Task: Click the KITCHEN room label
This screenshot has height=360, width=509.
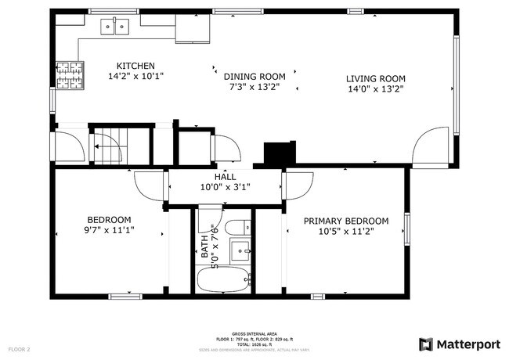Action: (x=135, y=66)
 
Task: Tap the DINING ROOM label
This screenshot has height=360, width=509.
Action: (x=254, y=77)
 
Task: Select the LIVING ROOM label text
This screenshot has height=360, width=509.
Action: (x=375, y=78)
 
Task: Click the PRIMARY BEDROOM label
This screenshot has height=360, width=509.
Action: (x=345, y=221)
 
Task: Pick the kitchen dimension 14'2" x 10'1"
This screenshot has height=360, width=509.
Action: (x=135, y=77)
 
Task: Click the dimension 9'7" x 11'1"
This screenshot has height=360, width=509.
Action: (x=109, y=231)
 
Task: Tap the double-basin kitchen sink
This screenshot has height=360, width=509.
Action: (x=115, y=28)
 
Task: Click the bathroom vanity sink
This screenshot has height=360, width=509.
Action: (x=240, y=252)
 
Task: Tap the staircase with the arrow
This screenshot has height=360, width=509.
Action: (x=107, y=145)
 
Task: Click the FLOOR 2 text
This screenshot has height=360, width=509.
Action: (x=19, y=348)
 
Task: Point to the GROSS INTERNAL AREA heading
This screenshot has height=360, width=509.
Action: (x=254, y=333)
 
